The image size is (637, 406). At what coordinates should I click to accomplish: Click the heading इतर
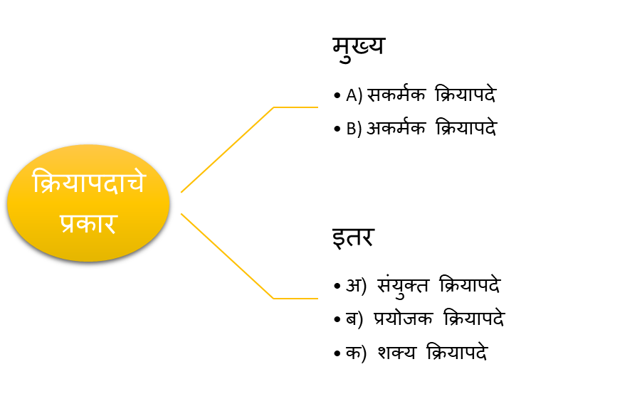352,237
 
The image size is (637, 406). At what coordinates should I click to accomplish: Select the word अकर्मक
396,128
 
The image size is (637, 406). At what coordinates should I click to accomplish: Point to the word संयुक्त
403,286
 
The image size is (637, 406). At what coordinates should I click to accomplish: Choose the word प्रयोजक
404,319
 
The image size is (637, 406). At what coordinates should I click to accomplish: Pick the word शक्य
396,352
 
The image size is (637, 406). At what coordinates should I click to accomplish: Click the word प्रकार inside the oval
88,223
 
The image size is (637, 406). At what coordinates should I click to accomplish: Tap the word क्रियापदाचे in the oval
88,182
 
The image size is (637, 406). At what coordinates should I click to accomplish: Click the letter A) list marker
354,95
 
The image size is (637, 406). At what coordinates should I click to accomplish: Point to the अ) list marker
356,285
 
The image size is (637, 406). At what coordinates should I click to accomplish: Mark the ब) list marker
354,319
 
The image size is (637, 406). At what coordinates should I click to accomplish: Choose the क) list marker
356,353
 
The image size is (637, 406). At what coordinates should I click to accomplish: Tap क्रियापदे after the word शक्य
457,351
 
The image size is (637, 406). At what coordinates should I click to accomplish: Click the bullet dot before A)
337,96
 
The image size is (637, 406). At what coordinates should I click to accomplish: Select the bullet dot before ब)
337,319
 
